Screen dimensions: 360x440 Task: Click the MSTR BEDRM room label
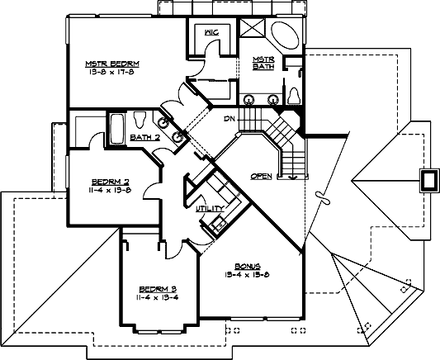point(111,64)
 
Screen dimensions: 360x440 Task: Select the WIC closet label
point(210,33)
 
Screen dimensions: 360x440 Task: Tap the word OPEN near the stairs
point(261,176)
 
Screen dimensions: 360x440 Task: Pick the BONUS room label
point(248,267)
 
